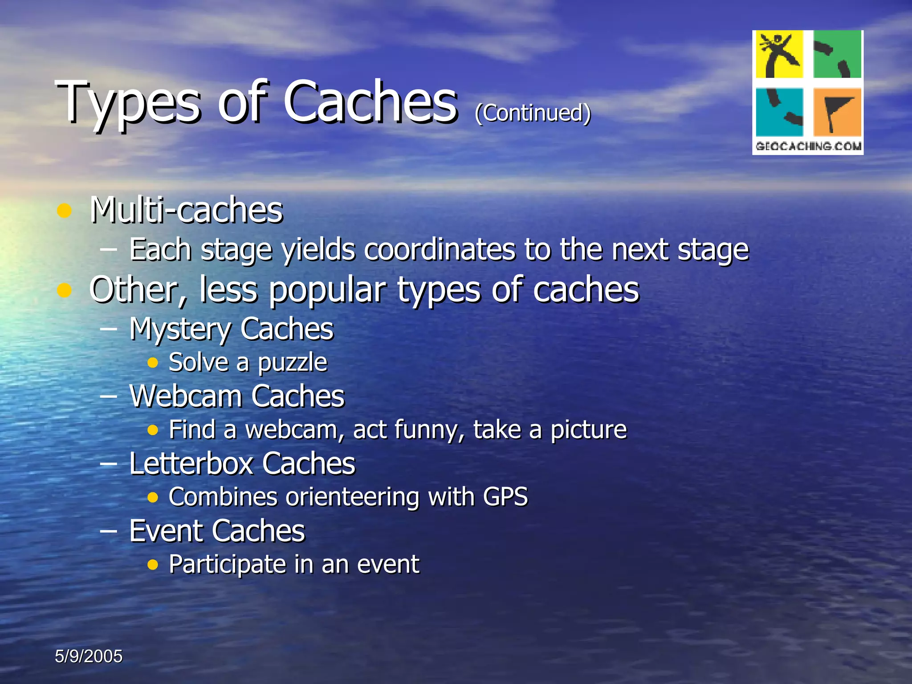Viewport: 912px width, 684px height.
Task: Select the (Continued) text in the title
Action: (533, 113)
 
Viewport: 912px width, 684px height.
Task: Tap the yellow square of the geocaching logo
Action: (779, 54)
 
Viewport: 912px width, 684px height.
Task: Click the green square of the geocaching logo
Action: (837, 54)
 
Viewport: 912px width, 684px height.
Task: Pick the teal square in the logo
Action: (779, 112)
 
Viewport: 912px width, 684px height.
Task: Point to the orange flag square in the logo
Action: (837, 112)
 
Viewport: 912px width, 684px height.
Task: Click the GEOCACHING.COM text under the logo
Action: (808, 146)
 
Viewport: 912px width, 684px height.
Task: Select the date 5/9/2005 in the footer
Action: (89, 656)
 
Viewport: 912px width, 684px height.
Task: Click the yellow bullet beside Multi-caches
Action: (65, 211)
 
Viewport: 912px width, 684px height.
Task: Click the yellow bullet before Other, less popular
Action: (65, 290)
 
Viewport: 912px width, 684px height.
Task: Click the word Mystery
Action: (180, 330)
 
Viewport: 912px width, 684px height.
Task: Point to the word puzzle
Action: (293, 363)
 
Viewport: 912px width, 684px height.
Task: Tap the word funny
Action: (430, 430)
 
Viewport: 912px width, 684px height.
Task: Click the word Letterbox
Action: (191, 464)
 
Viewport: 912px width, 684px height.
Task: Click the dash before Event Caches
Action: (109, 531)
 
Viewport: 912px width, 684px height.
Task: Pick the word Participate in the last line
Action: (227, 565)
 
